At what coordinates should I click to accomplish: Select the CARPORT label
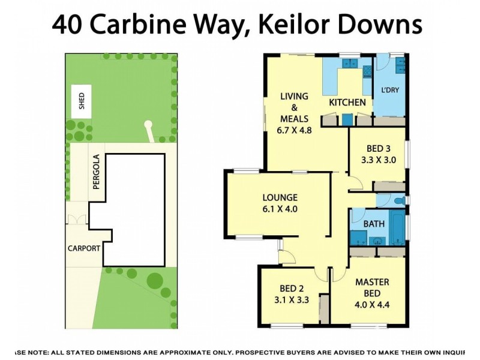tap(84, 247)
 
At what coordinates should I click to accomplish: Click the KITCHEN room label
tap(347, 103)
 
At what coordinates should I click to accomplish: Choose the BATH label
tap(374, 224)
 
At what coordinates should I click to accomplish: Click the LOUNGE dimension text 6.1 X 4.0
tap(280, 209)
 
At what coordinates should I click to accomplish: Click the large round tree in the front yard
tap(155, 280)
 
